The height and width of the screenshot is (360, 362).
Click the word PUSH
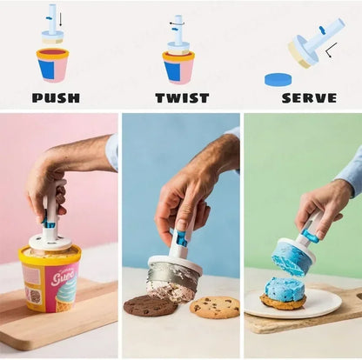pyautogui.click(x=56, y=97)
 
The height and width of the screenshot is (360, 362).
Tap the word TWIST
pyautogui.click(x=182, y=97)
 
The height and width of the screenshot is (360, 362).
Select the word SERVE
pyautogui.click(x=309, y=97)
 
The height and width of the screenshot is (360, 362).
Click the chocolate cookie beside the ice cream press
pyautogui.click(x=150, y=305)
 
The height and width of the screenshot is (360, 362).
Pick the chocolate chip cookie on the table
pyautogui.click(x=214, y=307)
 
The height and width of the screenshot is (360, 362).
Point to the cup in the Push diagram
pyautogui.click(x=52, y=66)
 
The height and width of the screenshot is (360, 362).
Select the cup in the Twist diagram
pyautogui.click(x=178, y=68)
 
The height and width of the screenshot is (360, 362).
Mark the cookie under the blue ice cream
pyautogui.click(x=284, y=302)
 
